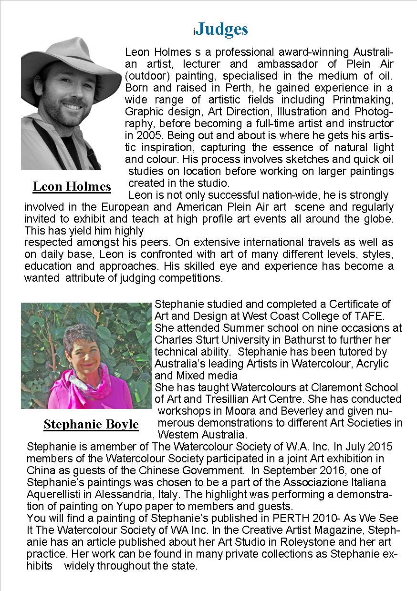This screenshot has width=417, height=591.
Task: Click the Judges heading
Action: [x=222, y=30]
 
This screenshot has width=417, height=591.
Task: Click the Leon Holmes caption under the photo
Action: [x=72, y=186]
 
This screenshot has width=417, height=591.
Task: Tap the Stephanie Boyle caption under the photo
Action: [x=91, y=424]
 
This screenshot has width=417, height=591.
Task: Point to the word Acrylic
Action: [x=370, y=364]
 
